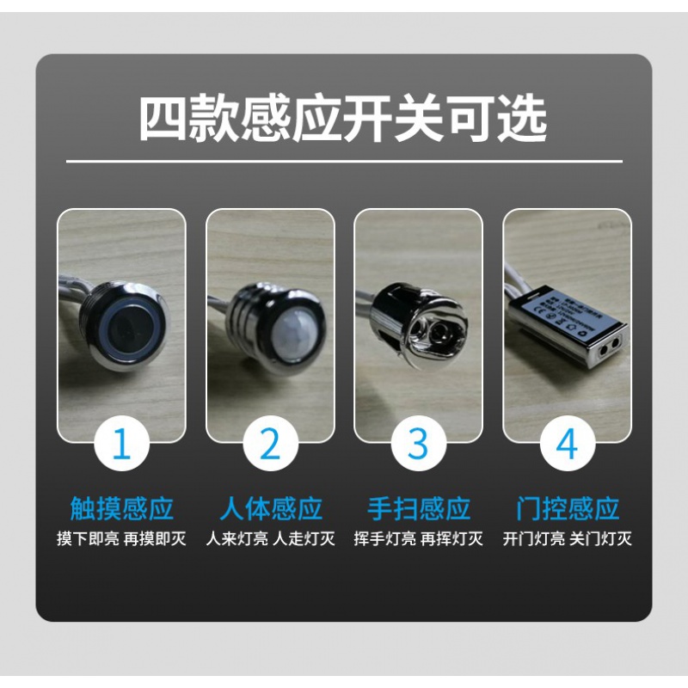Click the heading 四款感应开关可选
pos(343,119)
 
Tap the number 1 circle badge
pos(121,445)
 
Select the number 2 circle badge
pos(270,445)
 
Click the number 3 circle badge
pos(419,445)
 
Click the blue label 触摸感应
pos(121,508)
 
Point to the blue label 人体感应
pos(270,508)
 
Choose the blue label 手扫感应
pos(419,508)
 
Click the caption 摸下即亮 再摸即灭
pos(121,540)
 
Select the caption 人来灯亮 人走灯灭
pos(270,540)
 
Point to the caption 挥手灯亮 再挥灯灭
pos(419,540)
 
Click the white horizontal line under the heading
pos(343,161)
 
